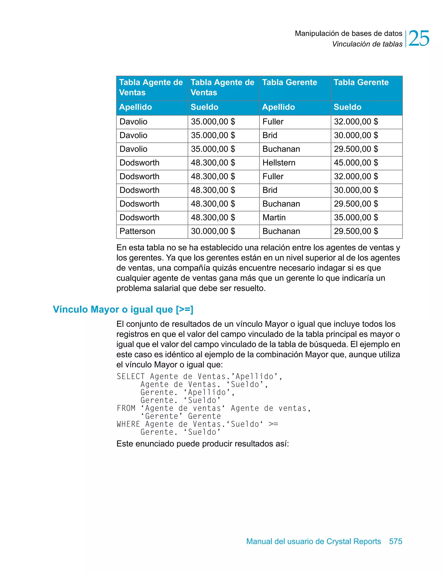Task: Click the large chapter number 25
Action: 418,39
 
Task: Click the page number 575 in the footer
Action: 395,541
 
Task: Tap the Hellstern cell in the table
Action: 279,163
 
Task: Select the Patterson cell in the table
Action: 137,231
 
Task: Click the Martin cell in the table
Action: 274,218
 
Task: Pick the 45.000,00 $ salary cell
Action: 356,163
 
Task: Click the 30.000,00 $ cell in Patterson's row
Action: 213,231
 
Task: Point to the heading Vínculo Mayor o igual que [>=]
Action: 123,309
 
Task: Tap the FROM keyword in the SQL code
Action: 126,408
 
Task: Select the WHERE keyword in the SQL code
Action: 128,424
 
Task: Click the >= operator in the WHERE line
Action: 273,424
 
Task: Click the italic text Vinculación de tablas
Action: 367,44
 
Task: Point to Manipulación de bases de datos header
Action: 348,34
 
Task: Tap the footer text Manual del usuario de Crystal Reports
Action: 314,541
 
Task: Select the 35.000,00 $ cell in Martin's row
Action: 356,218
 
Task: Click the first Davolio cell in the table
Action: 133,122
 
